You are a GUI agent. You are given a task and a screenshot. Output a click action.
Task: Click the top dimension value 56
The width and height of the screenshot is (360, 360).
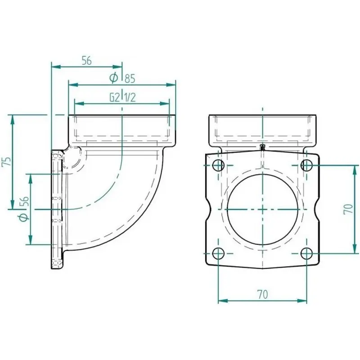click(x=87, y=61)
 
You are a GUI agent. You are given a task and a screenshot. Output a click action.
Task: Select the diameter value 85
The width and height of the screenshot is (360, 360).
click(x=130, y=78)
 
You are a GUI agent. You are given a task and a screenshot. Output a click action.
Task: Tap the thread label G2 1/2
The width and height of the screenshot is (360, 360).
click(x=122, y=98)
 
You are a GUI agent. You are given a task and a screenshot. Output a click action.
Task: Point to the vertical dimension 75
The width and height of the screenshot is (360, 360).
click(x=8, y=162)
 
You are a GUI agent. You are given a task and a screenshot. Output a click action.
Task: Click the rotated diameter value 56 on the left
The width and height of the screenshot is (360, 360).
click(x=25, y=202)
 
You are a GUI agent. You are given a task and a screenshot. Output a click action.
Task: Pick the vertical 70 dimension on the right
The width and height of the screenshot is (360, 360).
click(x=348, y=209)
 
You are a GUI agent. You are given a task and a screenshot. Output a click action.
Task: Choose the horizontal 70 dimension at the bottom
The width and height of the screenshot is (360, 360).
click(x=263, y=295)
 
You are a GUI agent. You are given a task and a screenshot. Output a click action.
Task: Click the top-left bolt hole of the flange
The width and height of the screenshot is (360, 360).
click(x=218, y=165)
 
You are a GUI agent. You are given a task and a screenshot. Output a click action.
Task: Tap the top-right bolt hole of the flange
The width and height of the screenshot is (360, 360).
click(x=307, y=165)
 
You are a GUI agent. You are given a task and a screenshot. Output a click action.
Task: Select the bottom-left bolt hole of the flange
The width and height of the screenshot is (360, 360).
click(x=218, y=253)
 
